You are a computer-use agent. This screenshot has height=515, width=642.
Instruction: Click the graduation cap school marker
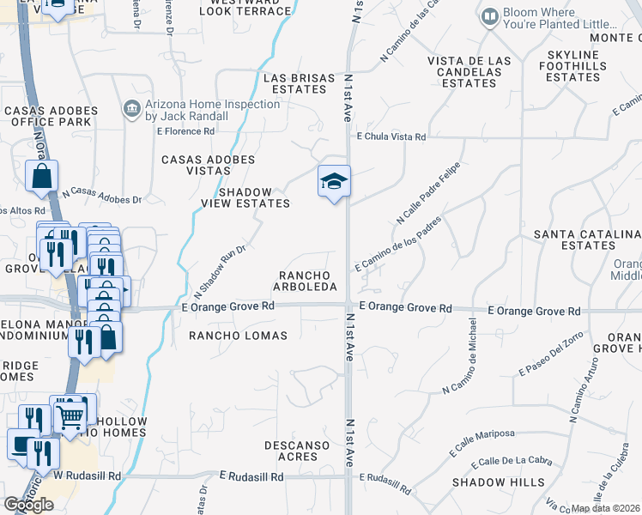click(334, 181)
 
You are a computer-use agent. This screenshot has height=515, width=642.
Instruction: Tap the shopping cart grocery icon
click(70, 418)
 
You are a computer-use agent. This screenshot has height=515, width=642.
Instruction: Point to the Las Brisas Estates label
click(300, 83)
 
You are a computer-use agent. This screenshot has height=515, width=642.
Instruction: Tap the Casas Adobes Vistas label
click(208, 165)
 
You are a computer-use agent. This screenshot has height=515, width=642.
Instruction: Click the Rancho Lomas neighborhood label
click(238, 336)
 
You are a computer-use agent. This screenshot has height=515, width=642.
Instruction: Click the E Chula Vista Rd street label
click(391, 137)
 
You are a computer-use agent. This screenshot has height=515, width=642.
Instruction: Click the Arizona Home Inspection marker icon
click(131, 109)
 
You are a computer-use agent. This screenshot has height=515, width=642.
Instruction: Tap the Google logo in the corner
click(28, 504)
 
